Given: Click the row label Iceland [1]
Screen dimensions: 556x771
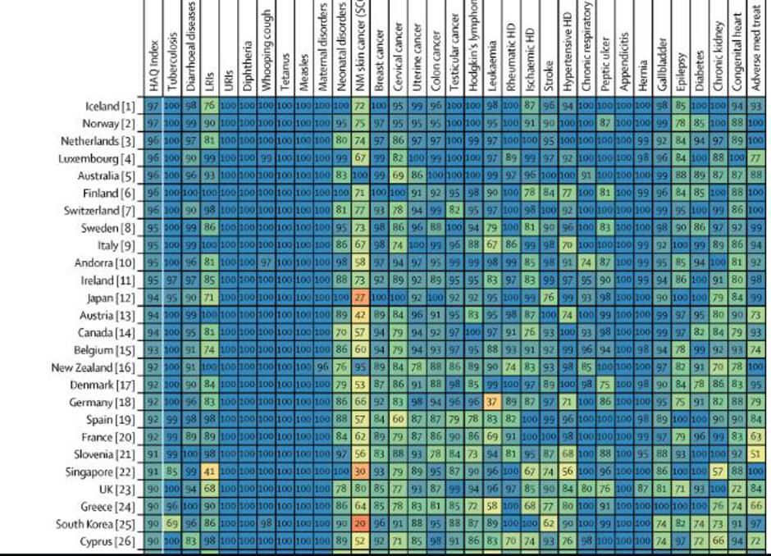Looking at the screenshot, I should (110, 106).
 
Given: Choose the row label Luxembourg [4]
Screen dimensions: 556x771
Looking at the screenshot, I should (98, 157).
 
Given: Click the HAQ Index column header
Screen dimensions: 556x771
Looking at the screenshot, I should (153, 49).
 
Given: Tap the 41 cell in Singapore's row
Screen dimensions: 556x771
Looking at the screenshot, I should (209, 472).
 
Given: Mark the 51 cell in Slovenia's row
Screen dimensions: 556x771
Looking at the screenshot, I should (755, 454).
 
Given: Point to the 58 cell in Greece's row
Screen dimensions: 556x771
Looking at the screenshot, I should (492, 506).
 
